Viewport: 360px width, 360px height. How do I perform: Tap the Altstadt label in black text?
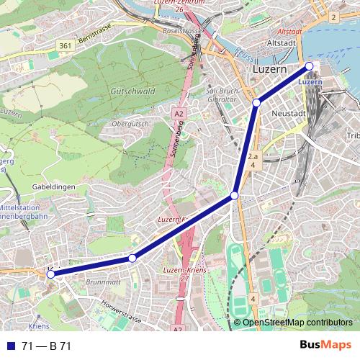[282, 44]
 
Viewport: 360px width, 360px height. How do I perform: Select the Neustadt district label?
[289, 114]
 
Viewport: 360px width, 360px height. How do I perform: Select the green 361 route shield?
[65, 47]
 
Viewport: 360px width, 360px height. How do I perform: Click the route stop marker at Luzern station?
[310, 66]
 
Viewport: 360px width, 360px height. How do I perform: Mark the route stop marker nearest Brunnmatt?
[132, 258]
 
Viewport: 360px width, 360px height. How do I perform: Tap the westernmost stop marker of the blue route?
[51, 273]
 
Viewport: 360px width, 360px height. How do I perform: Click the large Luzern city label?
[269, 70]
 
